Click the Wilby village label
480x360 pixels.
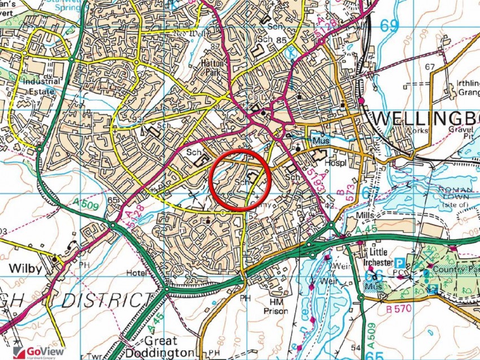coord(24,268)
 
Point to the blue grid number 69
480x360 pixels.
coord(389,26)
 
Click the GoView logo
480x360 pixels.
coord(35,352)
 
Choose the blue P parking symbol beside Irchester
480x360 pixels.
coord(399,263)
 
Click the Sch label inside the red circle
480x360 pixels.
coord(241,183)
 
